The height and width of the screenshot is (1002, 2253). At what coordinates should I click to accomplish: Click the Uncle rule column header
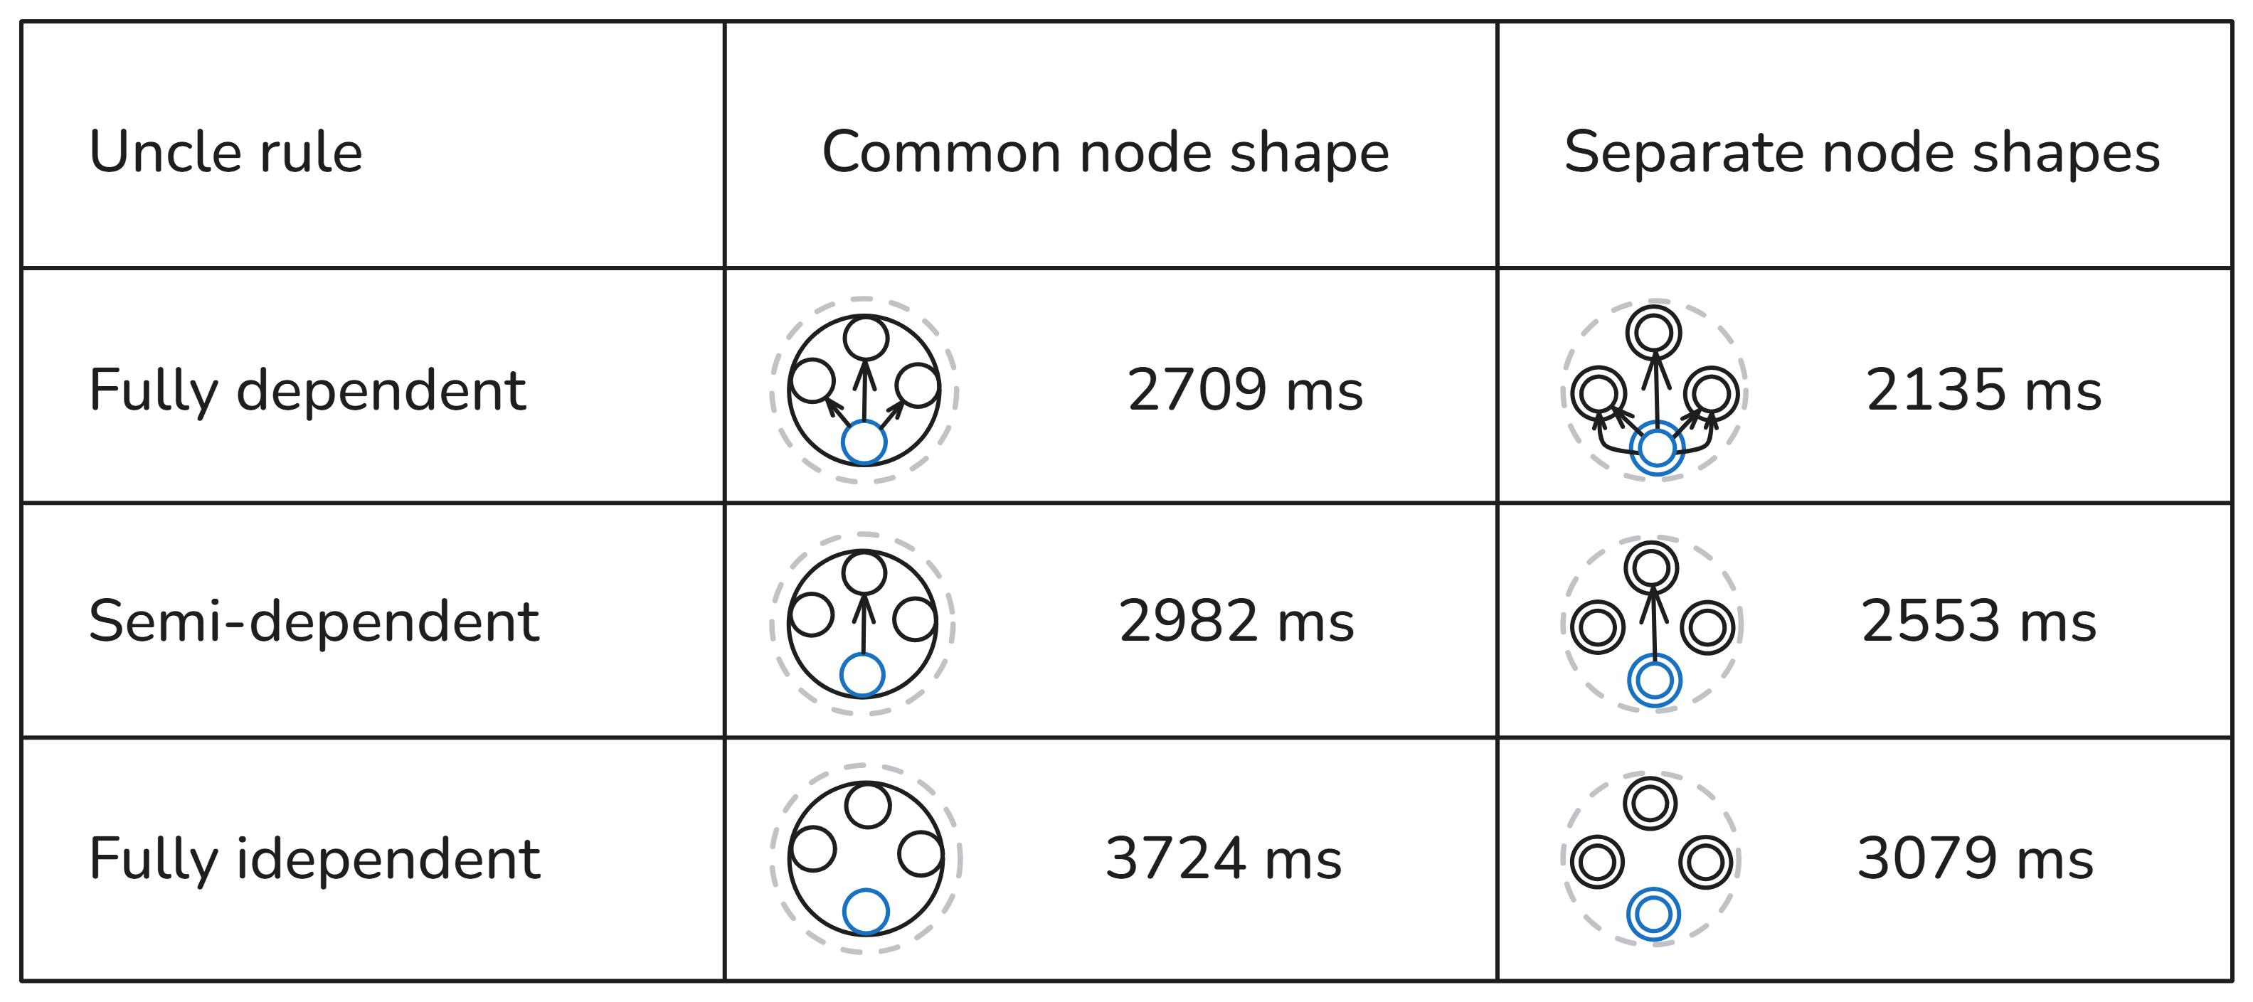coord(226,152)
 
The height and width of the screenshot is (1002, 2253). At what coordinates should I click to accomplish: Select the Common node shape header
coord(1106,152)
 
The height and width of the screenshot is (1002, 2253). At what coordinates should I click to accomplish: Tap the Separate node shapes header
coord(1862,152)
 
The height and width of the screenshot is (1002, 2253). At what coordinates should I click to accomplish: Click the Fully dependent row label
coord(307,389)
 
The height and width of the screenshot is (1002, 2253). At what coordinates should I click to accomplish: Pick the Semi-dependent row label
coord(313,622)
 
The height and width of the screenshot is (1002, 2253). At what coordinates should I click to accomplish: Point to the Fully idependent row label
coord(314,858)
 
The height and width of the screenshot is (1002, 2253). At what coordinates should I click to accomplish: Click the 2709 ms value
coord(1244,389)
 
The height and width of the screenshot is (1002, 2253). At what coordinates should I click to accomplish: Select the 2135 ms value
coord(1983,389)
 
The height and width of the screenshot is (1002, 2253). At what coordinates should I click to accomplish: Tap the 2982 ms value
coord(1236,622)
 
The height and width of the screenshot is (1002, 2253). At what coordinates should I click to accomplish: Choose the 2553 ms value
coord(1978,622)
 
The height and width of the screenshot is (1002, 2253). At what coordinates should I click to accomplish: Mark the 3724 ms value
coord(1223,858)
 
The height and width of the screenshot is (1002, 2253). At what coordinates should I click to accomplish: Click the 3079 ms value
coord(1975,858)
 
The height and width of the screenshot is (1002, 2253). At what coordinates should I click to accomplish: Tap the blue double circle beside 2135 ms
coord(1657,448)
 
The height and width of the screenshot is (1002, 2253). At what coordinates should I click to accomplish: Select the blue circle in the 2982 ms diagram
coord(862,675)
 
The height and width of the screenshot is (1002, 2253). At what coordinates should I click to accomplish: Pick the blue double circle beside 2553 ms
coord(1654,681)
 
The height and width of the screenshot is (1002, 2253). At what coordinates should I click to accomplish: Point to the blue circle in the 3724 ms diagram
coord(866,911)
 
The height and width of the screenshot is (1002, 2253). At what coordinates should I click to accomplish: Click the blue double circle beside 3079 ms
coord(1653,915)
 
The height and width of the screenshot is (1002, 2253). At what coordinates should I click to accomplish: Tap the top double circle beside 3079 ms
coord(1650,803)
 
